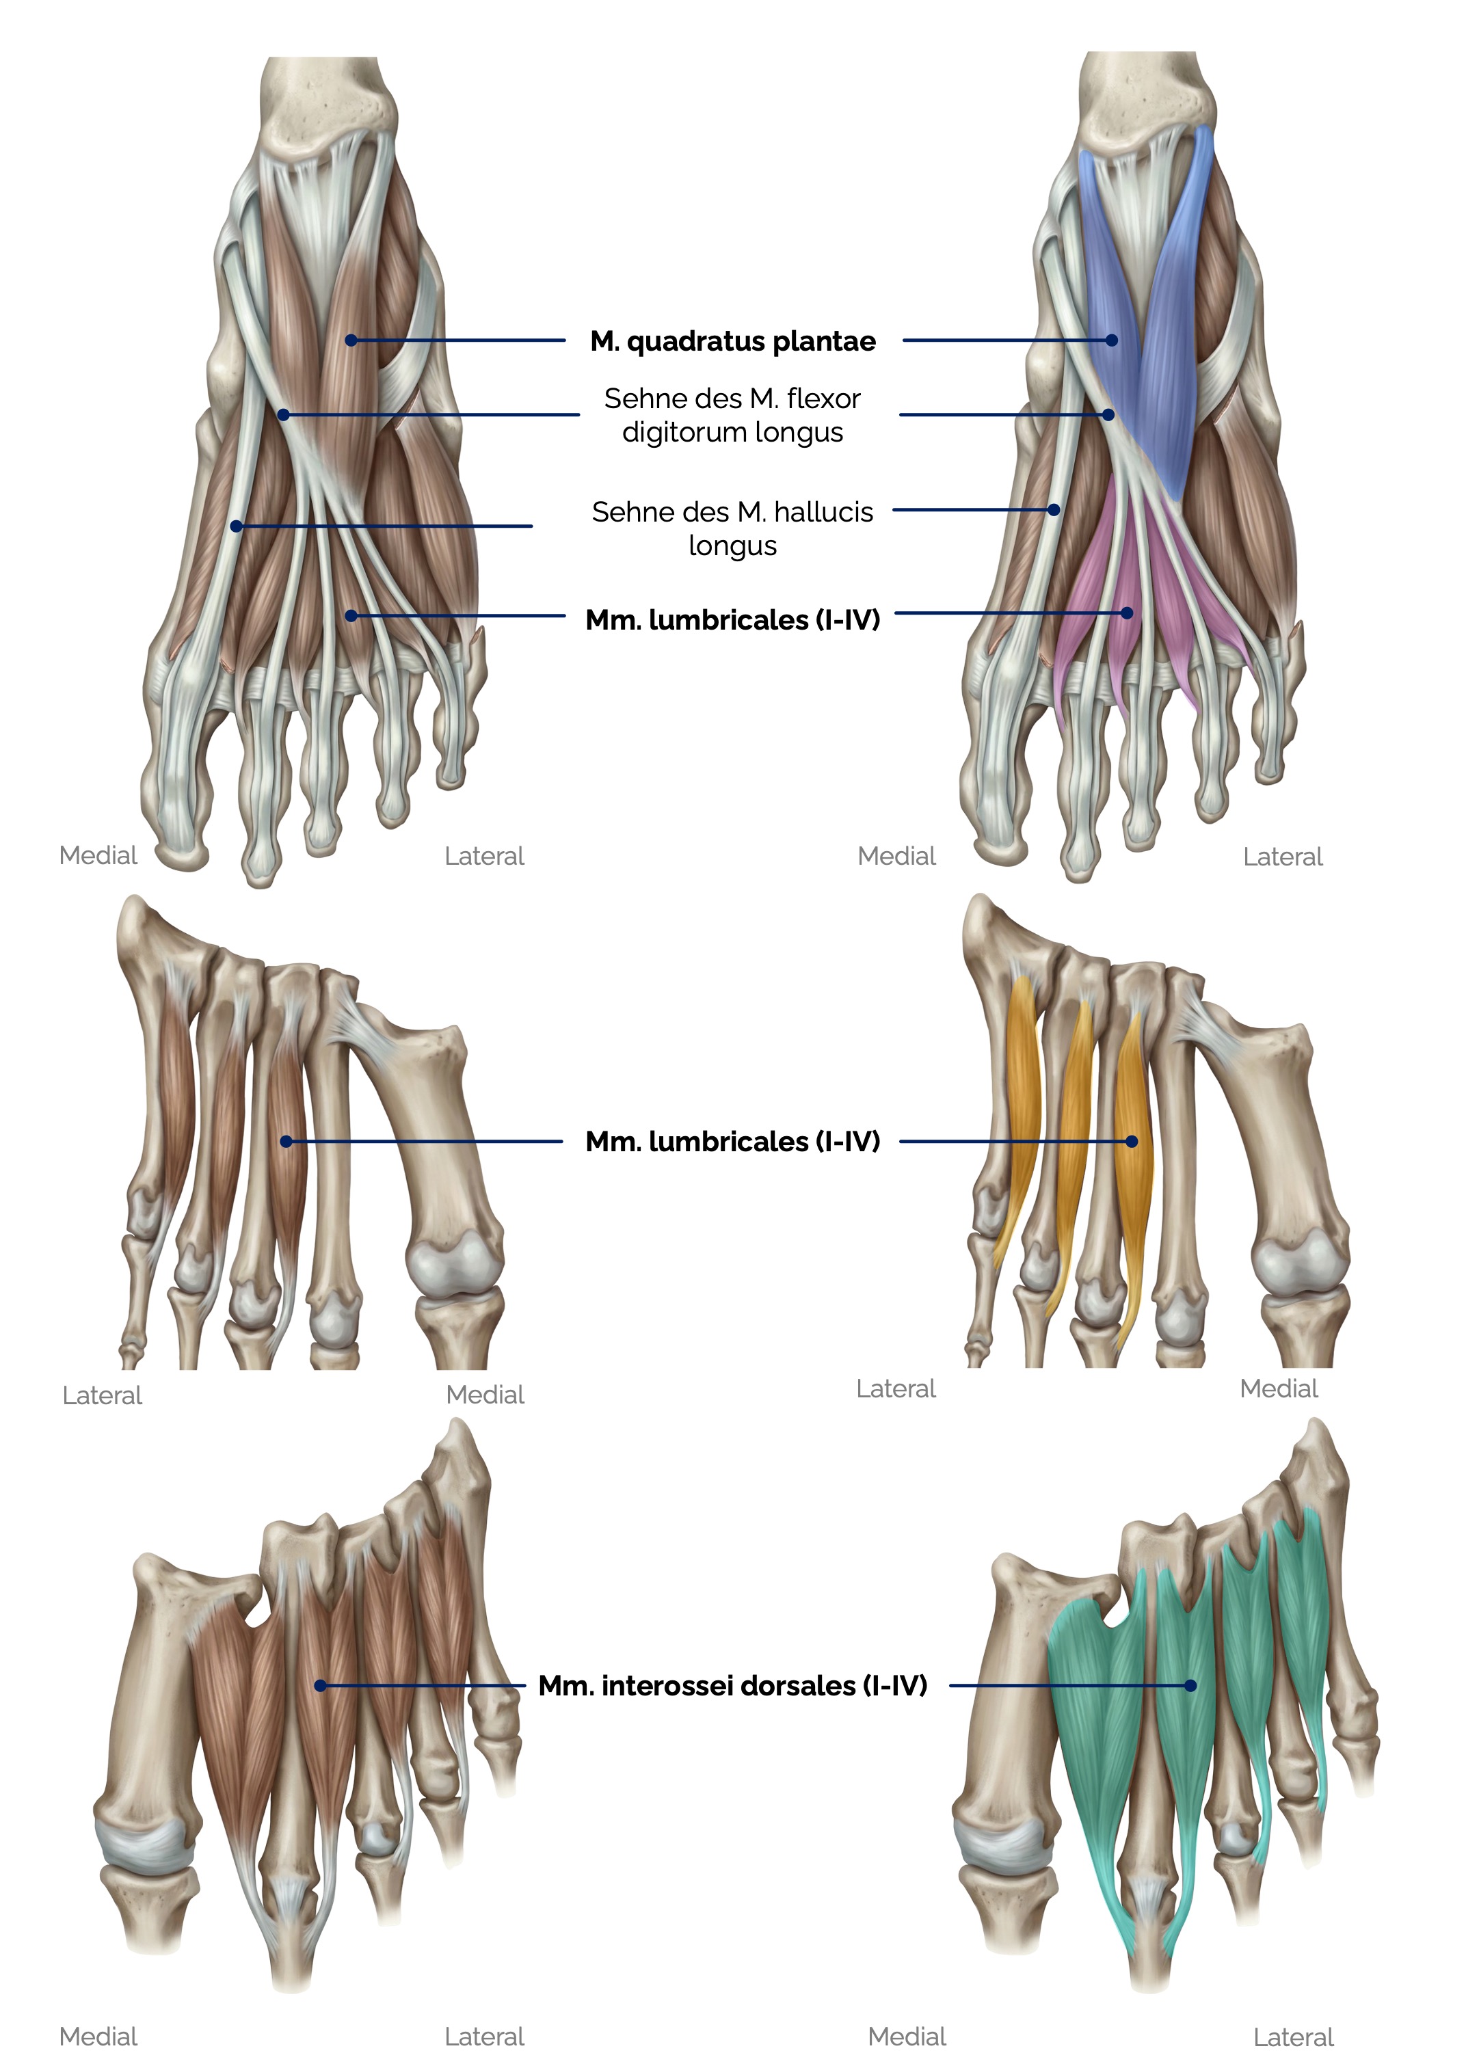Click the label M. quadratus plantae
tap(732, 342)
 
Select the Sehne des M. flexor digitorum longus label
tap(732, 414)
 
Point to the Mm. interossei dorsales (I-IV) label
tap(732, 1686)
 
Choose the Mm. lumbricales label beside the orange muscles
tap(732, 1141)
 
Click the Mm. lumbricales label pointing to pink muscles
tap(732, 620)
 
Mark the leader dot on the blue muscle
tap(1112, 340)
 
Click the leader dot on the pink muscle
tap(1127, 613)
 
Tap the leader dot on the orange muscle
tap(1132, 1141)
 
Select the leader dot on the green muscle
tap(1190, 1686)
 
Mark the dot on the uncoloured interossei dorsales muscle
tap(319, 1686)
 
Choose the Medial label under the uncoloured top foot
tap(98, 855)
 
